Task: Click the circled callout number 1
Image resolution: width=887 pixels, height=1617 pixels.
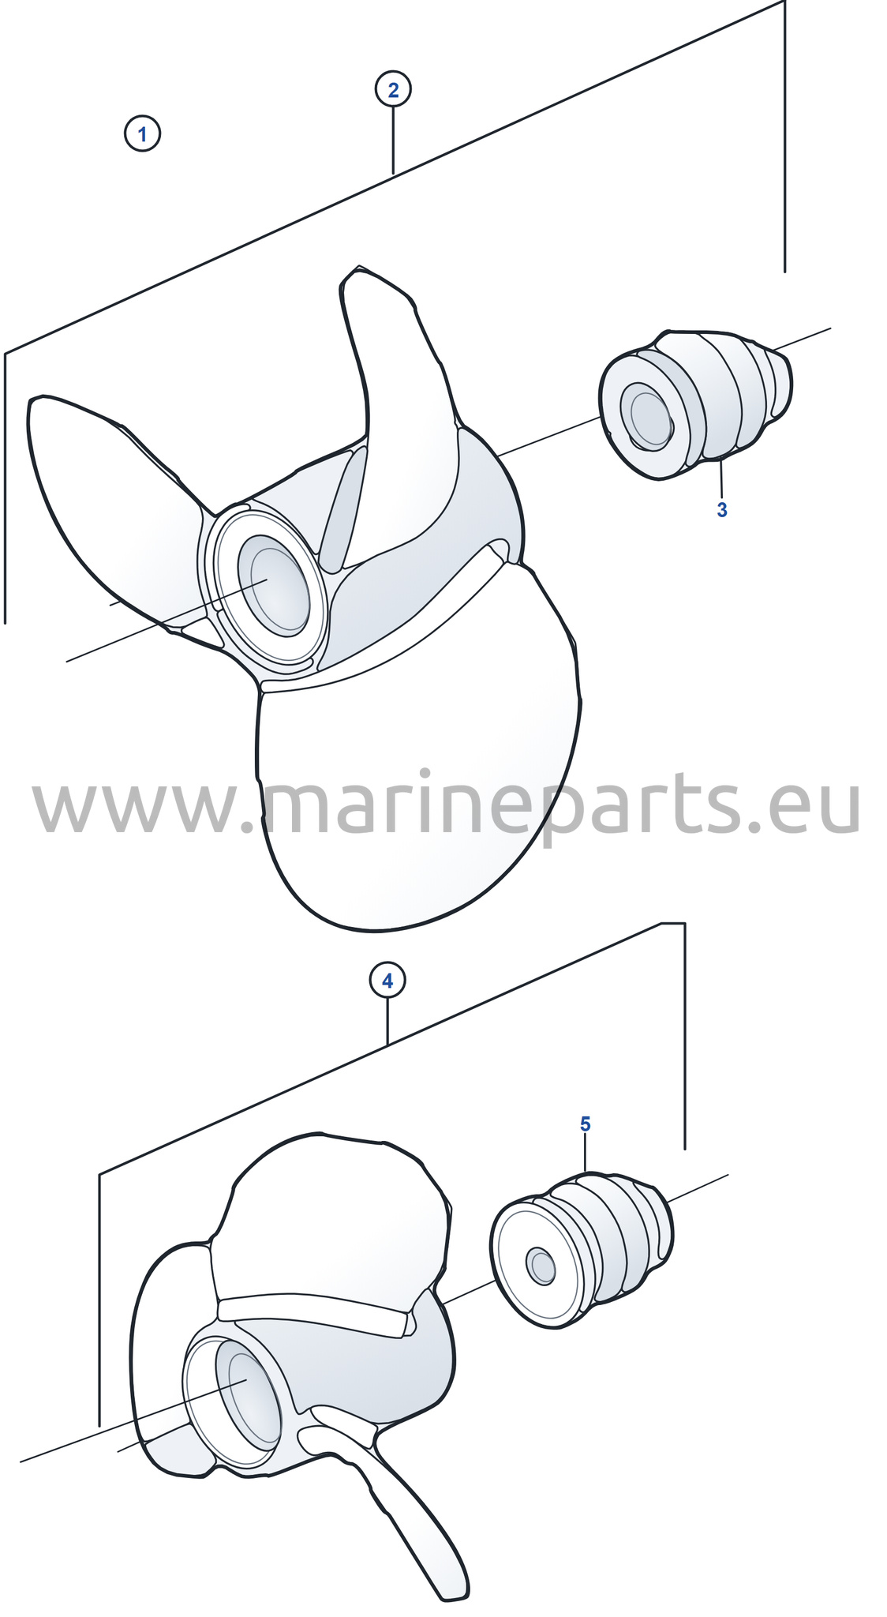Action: click(142, 133)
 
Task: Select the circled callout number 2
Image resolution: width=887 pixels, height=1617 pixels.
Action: click(393, 89)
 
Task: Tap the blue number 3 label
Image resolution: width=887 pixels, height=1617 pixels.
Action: click(722, 510)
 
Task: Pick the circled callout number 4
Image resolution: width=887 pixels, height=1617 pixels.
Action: click(387, 981)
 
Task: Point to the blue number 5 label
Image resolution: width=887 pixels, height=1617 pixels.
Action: click(586, 1124)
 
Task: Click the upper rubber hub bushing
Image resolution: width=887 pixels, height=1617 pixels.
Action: click(695, 403)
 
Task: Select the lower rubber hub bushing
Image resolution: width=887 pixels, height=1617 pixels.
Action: click(582, 1250)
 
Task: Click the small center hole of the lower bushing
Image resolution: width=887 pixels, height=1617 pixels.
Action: click(542, 1266)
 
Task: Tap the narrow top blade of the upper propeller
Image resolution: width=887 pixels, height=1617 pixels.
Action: click(395, 379)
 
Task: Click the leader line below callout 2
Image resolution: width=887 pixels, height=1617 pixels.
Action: click(393, 141)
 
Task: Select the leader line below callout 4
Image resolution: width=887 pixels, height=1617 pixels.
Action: click(387, 1022)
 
